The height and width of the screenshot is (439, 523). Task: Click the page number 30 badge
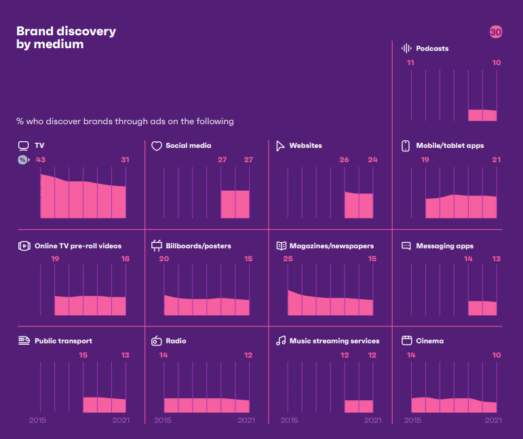(x=495, y=32)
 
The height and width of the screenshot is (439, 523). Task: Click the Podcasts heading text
(x=432, y=48)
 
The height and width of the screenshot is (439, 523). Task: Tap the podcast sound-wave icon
(x=407, y=48)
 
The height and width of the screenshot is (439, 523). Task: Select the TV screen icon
(x=23, y=145)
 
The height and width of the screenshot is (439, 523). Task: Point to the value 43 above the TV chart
(x=41, y=159)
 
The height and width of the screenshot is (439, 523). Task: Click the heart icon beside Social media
(x=156, y=145)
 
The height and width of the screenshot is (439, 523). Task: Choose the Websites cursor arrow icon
(x=279, y=145)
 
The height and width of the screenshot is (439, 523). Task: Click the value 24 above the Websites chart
(x=372, y=159)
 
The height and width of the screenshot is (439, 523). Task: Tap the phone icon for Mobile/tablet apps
(x=406, y=145)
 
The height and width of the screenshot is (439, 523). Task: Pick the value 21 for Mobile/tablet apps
(x=496, y=159)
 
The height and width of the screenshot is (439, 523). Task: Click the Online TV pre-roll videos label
(x=78, y=246)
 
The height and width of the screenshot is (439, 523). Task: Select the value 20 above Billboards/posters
(x=163, y=259)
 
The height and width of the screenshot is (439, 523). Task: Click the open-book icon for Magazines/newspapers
(x=281, y=246)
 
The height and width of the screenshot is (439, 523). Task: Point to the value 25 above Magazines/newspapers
(x=288, y=259)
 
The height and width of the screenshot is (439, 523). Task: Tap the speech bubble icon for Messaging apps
(x=406, y=246)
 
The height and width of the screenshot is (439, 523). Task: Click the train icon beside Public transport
(x=24, y=340)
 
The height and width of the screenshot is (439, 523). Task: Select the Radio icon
(x=156, y=341)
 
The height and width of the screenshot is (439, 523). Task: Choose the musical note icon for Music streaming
(x=281, y=341)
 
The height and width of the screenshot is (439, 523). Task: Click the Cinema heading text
(x=429, y=341)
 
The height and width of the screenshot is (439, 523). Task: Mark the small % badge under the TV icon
(x=23, y=159)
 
